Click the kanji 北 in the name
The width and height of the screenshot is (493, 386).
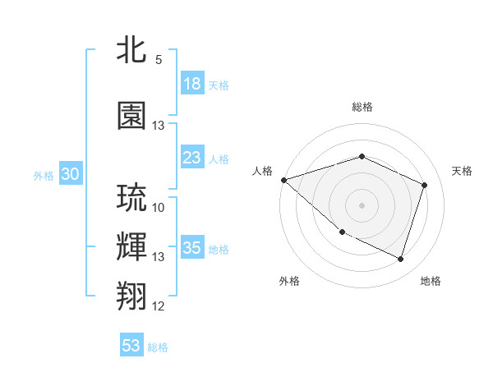[x=132, y=50]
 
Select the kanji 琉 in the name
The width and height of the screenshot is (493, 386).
[x=132, y=198]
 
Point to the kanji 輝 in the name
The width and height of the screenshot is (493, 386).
[x=132, y=246]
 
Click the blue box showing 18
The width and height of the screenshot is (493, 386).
[x=192, y=84]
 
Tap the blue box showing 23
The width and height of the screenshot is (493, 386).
[x=192, y=158]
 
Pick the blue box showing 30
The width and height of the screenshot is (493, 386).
[x=70, y=174]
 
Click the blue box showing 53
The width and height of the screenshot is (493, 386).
[x=131, y=346]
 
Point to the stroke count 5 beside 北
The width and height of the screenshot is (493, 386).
[x=159, y=60]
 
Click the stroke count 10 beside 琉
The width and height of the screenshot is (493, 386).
[x=159, y=207]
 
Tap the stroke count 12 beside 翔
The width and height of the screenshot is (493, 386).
[x=159, y=306]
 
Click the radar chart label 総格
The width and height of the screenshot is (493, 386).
[x=362, y=107]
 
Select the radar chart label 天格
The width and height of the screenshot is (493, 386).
[x=462, y=171]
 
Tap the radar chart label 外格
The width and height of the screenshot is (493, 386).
[x=289, y=281]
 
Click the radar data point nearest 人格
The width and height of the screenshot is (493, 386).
[x=283, y=179]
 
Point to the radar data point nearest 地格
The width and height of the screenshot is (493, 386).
[x=400, y=260]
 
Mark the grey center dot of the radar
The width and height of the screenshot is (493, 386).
[x=362, y=204]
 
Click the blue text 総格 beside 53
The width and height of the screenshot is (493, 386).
[x=158, y=347]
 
